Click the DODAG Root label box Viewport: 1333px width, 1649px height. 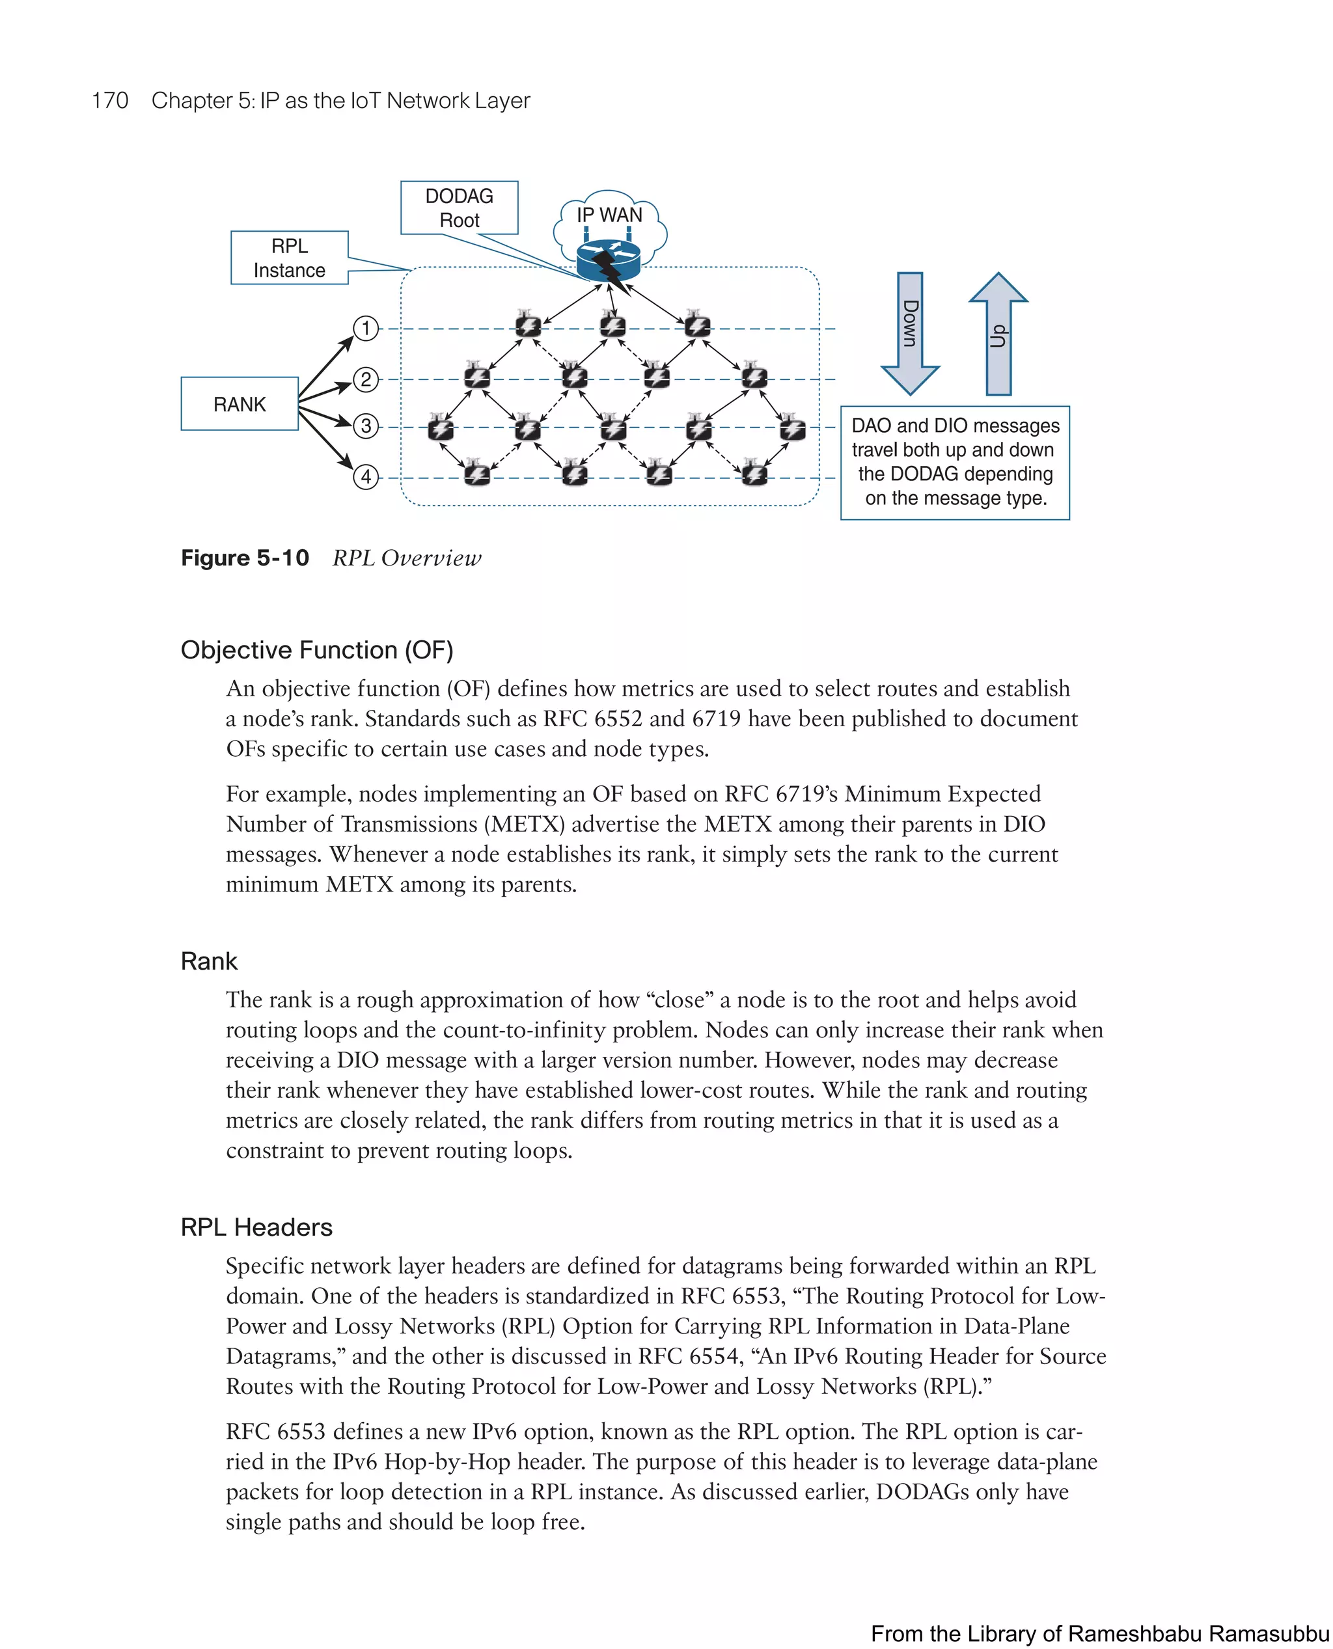click(459, 208)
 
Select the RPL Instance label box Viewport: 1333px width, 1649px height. click(290, 258)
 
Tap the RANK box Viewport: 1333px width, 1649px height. click(240, 404)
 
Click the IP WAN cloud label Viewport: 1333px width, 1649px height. click(609, 215)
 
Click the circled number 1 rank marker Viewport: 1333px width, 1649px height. click(366, 329)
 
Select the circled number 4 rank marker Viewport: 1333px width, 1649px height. click(366, 477)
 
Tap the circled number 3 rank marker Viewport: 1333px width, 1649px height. click(366, 426)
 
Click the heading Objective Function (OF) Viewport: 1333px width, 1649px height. click(316, 650)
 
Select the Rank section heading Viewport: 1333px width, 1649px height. click(209, 961)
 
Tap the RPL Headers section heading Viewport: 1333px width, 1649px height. click(256, 1227)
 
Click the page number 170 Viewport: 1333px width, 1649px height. click(110, 101)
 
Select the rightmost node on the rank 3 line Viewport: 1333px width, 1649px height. click(791, 427)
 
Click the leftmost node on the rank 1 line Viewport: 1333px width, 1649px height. click(527, 325)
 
